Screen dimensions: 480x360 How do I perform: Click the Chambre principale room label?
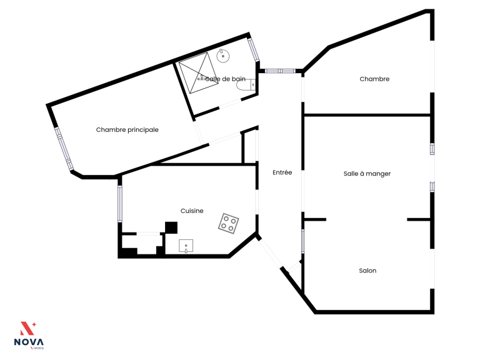[127, 130]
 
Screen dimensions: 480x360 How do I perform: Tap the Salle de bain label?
[225, 79]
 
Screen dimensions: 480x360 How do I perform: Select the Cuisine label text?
[192, 211]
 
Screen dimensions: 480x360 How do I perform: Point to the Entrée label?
[282, 172]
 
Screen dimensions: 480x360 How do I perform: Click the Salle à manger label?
[367, 174]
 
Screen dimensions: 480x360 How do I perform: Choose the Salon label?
[367, 271]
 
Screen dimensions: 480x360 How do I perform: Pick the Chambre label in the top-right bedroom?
[374, 79]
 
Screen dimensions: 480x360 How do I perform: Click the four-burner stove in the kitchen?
[229, 224]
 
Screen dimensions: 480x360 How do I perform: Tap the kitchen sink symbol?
[186, 246]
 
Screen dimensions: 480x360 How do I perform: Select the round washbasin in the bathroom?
[223, 56]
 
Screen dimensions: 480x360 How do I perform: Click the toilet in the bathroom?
[246, 84]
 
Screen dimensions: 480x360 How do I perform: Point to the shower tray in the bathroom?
[199, 73]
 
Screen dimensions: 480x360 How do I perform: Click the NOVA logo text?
[29, 342]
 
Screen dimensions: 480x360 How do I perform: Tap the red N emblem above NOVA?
[27, 329]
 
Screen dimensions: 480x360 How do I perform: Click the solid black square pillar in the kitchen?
[171, 227]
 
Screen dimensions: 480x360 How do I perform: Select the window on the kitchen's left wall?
[120, 204]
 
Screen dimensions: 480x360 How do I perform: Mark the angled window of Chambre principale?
[64, 149]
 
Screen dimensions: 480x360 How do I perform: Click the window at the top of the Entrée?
[280, 71]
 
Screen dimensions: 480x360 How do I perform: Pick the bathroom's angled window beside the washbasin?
[254, 50]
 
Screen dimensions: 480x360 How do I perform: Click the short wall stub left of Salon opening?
[314, 219]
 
